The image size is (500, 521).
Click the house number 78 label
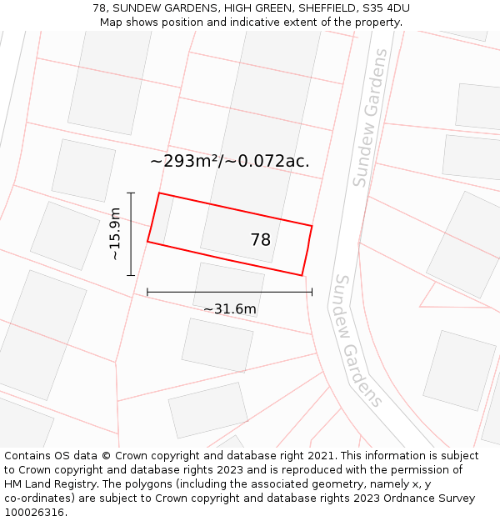[261, 240]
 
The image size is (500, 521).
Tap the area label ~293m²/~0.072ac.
[229, 162]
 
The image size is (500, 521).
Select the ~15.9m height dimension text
[115, 234]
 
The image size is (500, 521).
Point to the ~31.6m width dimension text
[229, 309]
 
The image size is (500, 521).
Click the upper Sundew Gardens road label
[370, 118]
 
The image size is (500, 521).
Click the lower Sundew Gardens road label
[358, 340]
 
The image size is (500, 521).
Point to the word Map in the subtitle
[112, 22]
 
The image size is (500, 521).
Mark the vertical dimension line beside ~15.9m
[131, 233]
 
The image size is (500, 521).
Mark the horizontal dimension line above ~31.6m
[229, 292]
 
